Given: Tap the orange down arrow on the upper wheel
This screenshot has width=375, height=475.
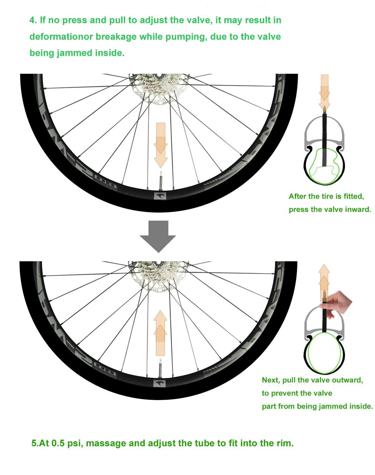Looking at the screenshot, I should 161,145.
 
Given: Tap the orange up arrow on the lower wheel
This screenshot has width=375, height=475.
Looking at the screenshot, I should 161,333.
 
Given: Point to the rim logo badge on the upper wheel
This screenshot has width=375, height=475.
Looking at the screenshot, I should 160,196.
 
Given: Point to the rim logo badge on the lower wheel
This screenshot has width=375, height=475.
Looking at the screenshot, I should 160,383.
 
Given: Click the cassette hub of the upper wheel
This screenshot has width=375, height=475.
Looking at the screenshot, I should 158,83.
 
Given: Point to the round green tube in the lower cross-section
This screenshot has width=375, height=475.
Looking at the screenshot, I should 324,353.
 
